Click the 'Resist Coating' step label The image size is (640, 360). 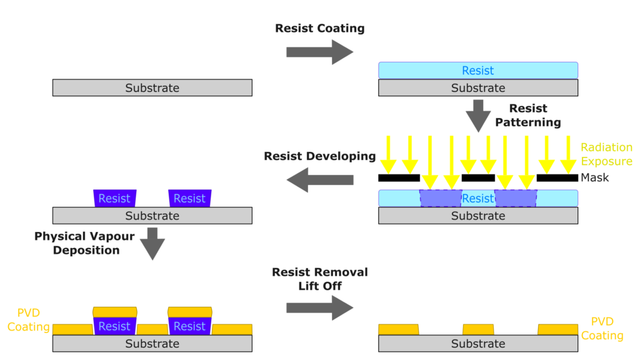pos(319,29)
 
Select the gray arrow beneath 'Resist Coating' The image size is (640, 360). pos(319,52)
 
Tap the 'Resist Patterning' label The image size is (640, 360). pos(528,116)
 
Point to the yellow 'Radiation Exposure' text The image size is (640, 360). pos(606,154)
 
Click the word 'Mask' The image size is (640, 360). pos(594,177)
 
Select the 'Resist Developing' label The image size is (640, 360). pos(319,156)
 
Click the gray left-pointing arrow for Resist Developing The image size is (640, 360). pos(319,180)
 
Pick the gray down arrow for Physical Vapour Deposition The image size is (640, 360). pos(152,243)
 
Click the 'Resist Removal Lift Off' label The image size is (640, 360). pos(319,279)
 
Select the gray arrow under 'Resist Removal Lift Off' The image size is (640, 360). pos(319,307)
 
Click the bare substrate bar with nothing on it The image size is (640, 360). pos(152,88)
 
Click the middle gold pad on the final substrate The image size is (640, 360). pos(478,329)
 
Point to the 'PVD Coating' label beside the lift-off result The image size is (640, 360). pos(602,329)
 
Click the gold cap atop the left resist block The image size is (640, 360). pos(114,311)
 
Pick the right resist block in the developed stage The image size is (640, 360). pos(189,198)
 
